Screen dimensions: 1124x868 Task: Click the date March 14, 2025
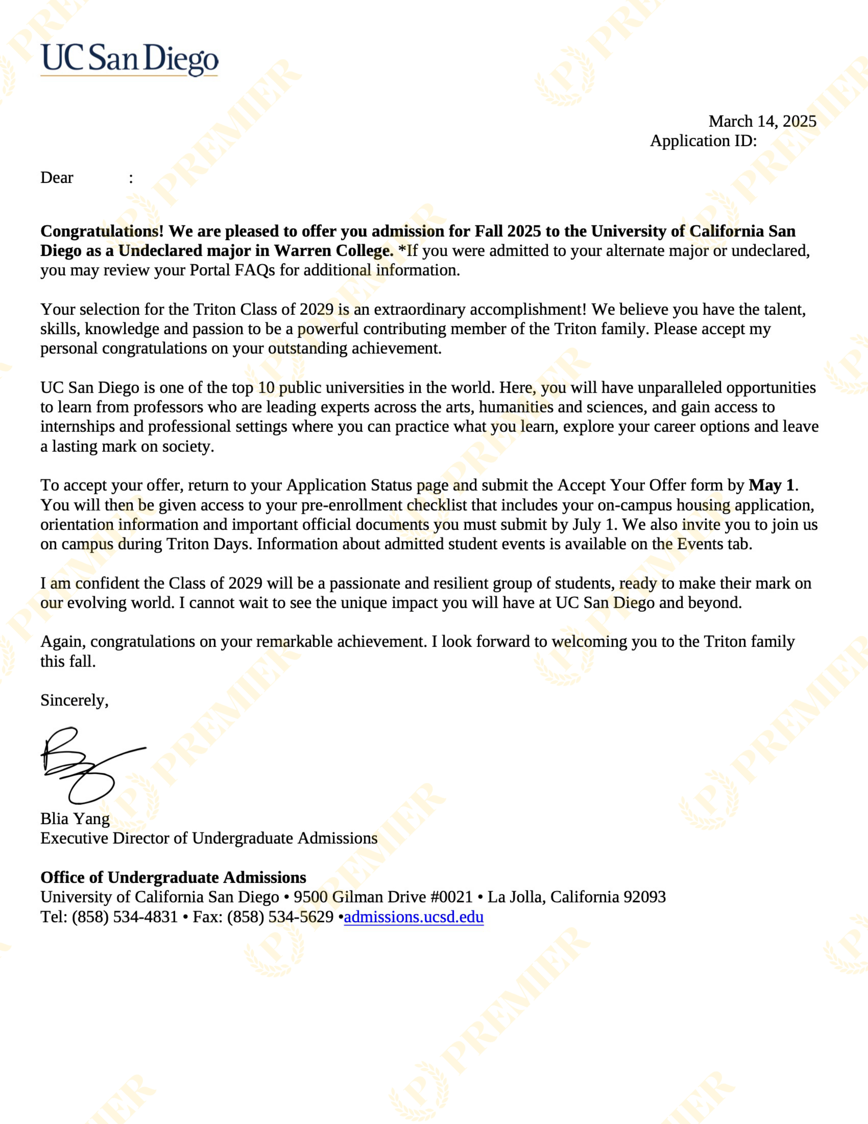coord(762,121)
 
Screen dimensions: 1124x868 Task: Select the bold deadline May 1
coord(771,485)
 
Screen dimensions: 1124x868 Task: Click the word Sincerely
coord(74,700)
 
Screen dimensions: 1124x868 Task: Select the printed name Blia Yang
coord(75,819)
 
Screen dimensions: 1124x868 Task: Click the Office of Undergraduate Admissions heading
coord(173,878)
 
